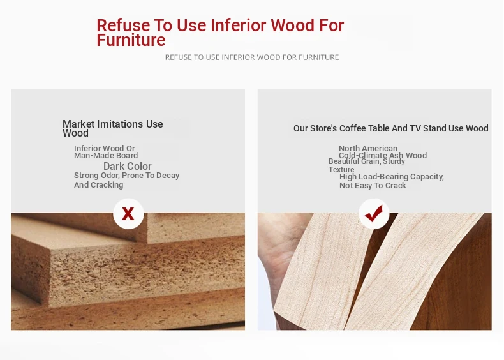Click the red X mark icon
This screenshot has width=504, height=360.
[128, 214]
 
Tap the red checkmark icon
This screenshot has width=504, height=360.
[374, 213]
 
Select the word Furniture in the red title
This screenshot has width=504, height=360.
[131, 40]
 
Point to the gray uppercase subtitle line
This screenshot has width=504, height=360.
[252, 57]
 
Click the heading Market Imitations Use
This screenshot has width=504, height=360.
[112, 124]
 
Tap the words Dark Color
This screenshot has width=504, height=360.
[128, 166]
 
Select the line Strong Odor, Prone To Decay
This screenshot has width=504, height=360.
[127, 176]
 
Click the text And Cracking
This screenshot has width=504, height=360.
[99, 185]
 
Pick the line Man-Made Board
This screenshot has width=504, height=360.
[106, 155]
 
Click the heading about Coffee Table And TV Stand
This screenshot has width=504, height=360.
[391, 128]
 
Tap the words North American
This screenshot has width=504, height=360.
[368, 148]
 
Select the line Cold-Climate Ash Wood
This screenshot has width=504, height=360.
[383, 155]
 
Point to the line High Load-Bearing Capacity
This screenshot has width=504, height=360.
[392, 177]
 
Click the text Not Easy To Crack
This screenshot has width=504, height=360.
[373, 186]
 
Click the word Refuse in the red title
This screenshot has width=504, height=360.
[123, 25]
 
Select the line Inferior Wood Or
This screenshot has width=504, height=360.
[105, 148]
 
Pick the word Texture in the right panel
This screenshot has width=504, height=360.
[341, 170]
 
